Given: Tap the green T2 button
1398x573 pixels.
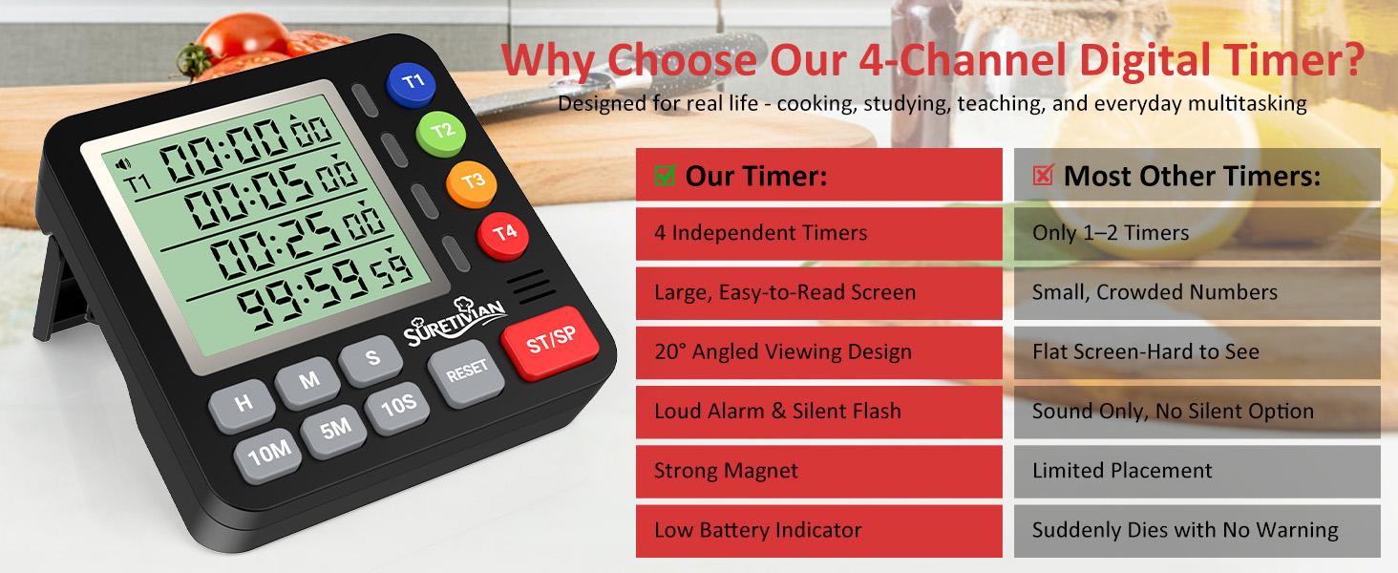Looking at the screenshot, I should click(440, 132).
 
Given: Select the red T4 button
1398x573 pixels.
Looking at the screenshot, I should click(503, 233).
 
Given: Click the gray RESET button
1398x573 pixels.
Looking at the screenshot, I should click(466, 371).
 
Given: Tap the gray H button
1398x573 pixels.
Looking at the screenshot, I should click(244, 403).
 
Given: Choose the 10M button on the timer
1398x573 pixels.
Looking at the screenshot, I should click(269, 454).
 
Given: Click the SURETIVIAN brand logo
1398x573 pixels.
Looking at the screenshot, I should click(455, 322).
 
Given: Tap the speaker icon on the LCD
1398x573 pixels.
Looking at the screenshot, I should click(122, 163).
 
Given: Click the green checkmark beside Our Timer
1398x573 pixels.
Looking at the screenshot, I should click(666, 175).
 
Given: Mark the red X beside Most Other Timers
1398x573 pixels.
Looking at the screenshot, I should click(1044, 175).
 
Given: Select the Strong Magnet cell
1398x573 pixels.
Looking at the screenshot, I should click(818, 471).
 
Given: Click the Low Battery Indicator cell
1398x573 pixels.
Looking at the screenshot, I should click(818, 530).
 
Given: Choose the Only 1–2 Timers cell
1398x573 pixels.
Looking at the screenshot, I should click(1197, 233).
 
